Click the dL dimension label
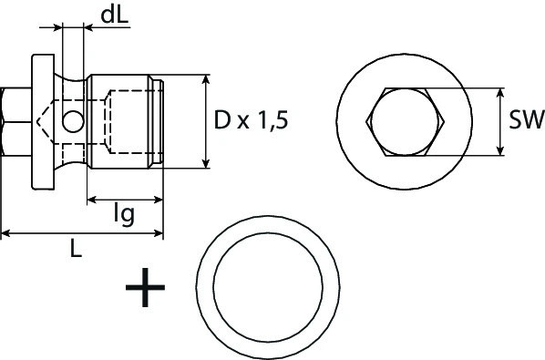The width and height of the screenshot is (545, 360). (115, 15)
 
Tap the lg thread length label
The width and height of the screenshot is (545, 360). (125, 214)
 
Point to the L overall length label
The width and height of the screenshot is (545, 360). (77, 249)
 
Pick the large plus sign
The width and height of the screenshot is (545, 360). (144, 291)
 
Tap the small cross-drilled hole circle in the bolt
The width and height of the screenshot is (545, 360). (72, 118)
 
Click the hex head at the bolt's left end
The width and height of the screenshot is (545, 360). (15, 120)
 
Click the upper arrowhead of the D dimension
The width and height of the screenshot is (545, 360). (207, 81)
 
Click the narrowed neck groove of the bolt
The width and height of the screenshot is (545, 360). (73, 100)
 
